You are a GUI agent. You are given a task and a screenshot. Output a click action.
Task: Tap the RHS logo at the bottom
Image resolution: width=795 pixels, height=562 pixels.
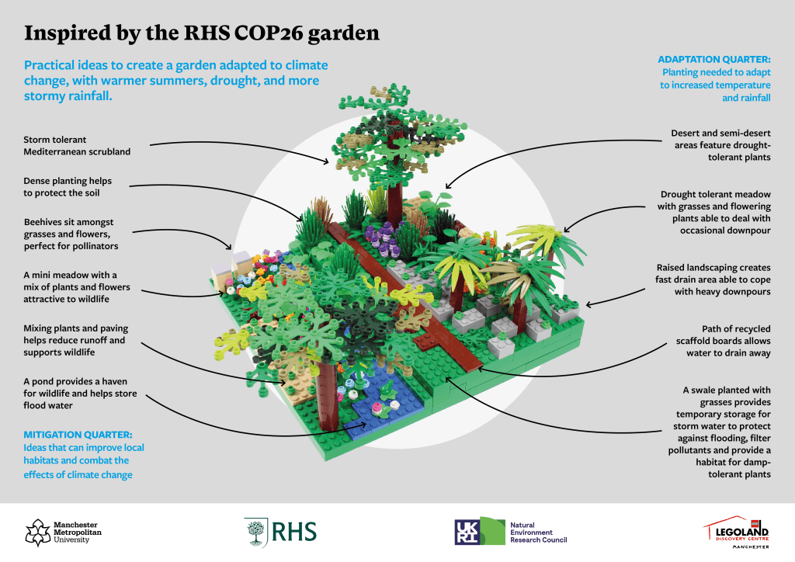pyautogui.click(x=280, y=531)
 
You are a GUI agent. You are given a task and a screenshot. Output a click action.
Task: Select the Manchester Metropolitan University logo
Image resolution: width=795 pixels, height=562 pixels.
pyautogui.click(x=58, y=532)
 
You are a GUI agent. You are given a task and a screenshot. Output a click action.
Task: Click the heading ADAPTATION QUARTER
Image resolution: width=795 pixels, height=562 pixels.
pyautogui.click(x=714, y=59)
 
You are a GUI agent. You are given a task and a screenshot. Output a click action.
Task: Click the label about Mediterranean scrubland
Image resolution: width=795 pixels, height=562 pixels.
pyautogui.click(x=77, y=145)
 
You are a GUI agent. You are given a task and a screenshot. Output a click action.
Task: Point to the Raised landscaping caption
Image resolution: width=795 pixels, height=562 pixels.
pyautogui.click(x=715, y=279)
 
